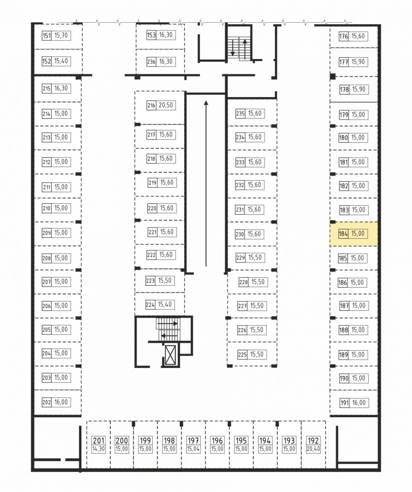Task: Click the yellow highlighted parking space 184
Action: [x=353, y=234]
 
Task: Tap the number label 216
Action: [x=151, y=105]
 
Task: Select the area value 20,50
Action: [x=166, y=105]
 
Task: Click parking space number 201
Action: [x=99, y=441]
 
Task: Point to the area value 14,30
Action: [x=99, y=449]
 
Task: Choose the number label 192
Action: [x=313, y=441]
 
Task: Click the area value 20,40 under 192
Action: [x=313, y=449]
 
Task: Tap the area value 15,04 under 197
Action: [x=193, y=449]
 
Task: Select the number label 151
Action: [x=47, y=35]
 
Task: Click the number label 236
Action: [x=151, y=62]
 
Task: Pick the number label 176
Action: [x=343, y=36]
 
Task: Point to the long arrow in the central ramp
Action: [x=206, y=184]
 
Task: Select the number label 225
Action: [x=242, y=355]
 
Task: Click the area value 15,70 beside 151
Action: [x=61, y=35]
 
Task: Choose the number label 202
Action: [x=47, y=402]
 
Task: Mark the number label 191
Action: [x=344, y=403]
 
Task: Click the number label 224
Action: [x=150, y=304]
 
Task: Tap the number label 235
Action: [x=240, y=114]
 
